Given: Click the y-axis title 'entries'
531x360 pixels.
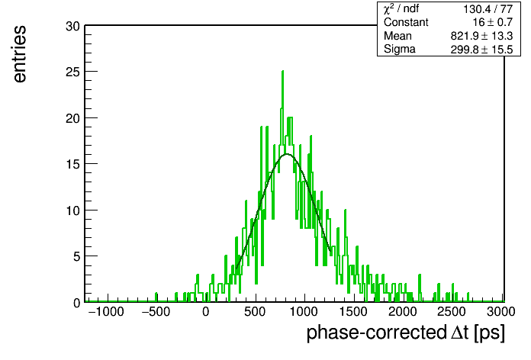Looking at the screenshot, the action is click(20, 54).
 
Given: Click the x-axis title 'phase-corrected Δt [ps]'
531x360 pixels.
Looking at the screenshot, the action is click(406, 333).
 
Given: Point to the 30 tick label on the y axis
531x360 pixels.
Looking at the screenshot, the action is click(72, 26).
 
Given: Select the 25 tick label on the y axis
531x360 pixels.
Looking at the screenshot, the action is click(72, 72).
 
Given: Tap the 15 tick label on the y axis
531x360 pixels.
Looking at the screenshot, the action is click(72, 164).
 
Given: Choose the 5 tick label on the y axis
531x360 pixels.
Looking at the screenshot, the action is click(76, 256).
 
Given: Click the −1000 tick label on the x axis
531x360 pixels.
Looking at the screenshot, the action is click(106, 312).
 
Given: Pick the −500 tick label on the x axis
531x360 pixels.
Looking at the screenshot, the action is click(156, 312).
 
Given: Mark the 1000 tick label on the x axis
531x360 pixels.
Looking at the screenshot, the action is click(304, 312).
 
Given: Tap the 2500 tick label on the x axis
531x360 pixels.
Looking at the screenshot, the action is click(451, 312).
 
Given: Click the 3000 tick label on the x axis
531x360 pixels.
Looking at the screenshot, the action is click(500, 312).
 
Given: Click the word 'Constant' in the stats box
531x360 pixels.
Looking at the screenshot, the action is click(406, 22).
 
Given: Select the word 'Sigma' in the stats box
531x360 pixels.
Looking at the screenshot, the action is click(400, 50).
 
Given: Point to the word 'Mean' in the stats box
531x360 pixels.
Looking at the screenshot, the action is click(397, 36).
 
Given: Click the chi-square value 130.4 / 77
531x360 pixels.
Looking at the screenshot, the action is click(488, 9).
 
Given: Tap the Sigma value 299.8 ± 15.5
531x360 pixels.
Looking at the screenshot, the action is click(481, 50).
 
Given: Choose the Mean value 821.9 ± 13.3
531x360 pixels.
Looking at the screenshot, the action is click(481, 36).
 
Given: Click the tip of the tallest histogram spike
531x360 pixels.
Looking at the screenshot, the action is click(282, 71).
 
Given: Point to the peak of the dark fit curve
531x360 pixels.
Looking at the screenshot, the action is click(287, 154).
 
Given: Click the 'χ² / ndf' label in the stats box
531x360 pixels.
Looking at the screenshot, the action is click(401, 9).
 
